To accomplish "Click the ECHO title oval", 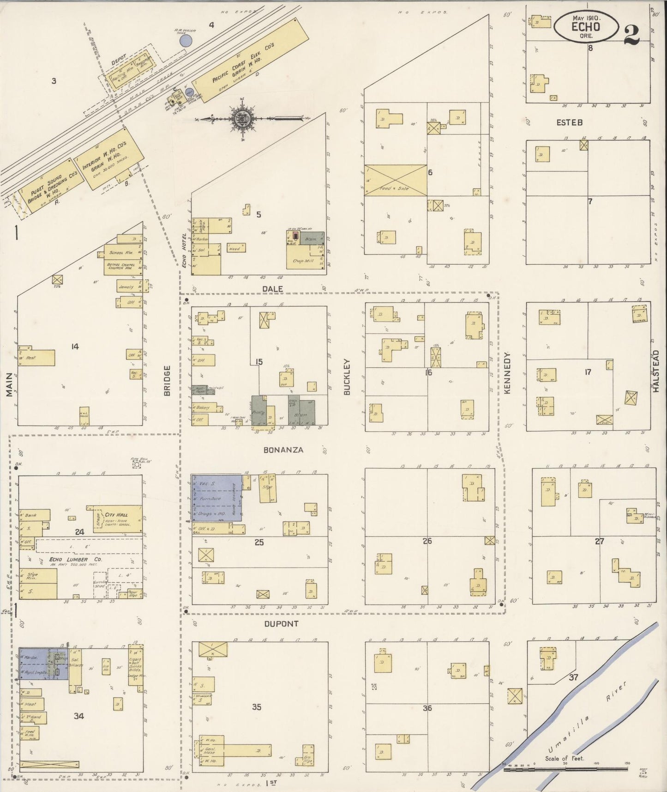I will pos(586,26).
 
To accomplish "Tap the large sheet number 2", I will pos(631,35).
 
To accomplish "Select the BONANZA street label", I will pos(283,449).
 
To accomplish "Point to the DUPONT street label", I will pos(281,623).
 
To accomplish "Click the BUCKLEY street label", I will pos(347,377).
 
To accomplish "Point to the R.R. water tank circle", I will pos(186,41).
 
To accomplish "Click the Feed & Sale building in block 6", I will pos(396,180).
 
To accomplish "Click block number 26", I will pos(427,540).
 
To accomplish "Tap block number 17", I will pos(588,372).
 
